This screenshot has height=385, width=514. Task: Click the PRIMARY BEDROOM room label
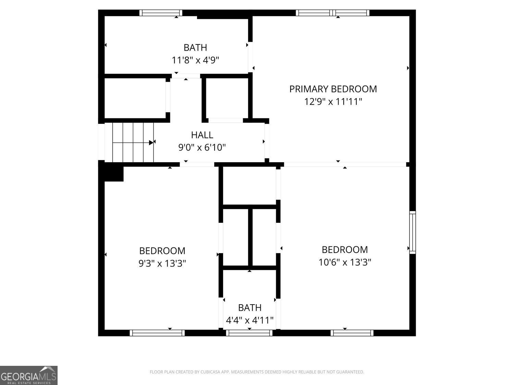(333, 89)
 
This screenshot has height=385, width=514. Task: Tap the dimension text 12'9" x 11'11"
(333, 102)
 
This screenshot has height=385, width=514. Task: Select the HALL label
(202, 135)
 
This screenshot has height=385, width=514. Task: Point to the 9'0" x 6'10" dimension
(202, 147)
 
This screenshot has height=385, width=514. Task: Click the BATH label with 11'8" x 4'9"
(195, 48)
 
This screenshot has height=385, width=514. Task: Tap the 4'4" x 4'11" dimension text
(249, 321)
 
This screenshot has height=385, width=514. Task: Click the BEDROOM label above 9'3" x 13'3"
(162, 251)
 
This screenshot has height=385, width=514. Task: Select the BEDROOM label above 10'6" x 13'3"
(345, 249)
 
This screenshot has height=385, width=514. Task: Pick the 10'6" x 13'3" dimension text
(345, 262)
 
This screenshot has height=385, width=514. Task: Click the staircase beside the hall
(133, 142)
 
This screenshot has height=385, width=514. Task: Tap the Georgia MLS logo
(29, 375)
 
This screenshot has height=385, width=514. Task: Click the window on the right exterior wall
(413, 232)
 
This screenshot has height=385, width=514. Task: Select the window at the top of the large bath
(161, 13)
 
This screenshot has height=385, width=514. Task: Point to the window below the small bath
(249, 333)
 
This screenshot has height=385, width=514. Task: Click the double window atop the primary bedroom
(332, 13)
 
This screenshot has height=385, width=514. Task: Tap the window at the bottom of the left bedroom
(157, 333)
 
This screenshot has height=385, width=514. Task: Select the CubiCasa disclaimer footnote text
(257, 372)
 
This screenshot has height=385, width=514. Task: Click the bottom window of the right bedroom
(352, 333)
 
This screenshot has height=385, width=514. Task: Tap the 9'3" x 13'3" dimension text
(162, 264)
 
